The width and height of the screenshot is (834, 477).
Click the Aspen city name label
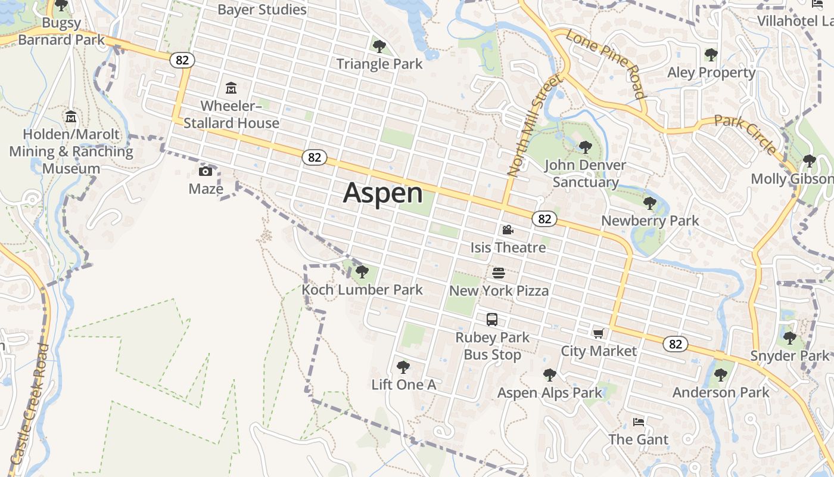pyautogui.click(x=383, y=193)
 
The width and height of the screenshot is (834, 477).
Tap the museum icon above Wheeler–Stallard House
pyautogui.click(x=231, y=89)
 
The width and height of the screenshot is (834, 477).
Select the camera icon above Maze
pyautogui.click(x=206, y=172)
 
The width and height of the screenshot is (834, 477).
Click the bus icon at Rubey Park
pyautogui.click(x=492, y=319)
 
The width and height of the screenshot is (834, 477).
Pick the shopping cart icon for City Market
pyautogui.click(x=598, y=333)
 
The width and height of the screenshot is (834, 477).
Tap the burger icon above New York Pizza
pyautogui.click(x=499, y=273)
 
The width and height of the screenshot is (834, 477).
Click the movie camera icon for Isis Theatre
pyautogui.click(x=508, y=230)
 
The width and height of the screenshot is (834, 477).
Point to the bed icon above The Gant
pyautogui.click(x=638, y=422)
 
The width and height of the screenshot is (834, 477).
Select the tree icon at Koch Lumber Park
pyautogui.click(x=362, y=272)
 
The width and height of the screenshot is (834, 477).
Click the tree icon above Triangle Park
pyautogui.click(x=379, y=46)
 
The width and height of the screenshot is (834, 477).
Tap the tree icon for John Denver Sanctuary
pyautogui.click(x=585, y=147)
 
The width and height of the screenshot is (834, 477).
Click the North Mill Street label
pyautogui.click(x=534, y=126)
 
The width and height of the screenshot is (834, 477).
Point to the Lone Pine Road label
pyautogui.click(x=606, y=64)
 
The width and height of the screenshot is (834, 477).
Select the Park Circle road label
pyautogui.click(x=745, y=135)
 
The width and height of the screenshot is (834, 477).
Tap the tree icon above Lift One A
pyautogui.click(x=403, y=367)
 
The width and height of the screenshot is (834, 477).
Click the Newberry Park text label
pyautogui.click(x=650, y=221)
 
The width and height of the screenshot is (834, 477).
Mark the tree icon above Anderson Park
pyautogui.click(x=721, y=374)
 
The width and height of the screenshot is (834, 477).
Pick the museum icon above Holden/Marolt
pyautogui.click(x=71, y=116)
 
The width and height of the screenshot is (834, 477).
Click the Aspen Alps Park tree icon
pyautogui.click(x=549, y=374)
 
